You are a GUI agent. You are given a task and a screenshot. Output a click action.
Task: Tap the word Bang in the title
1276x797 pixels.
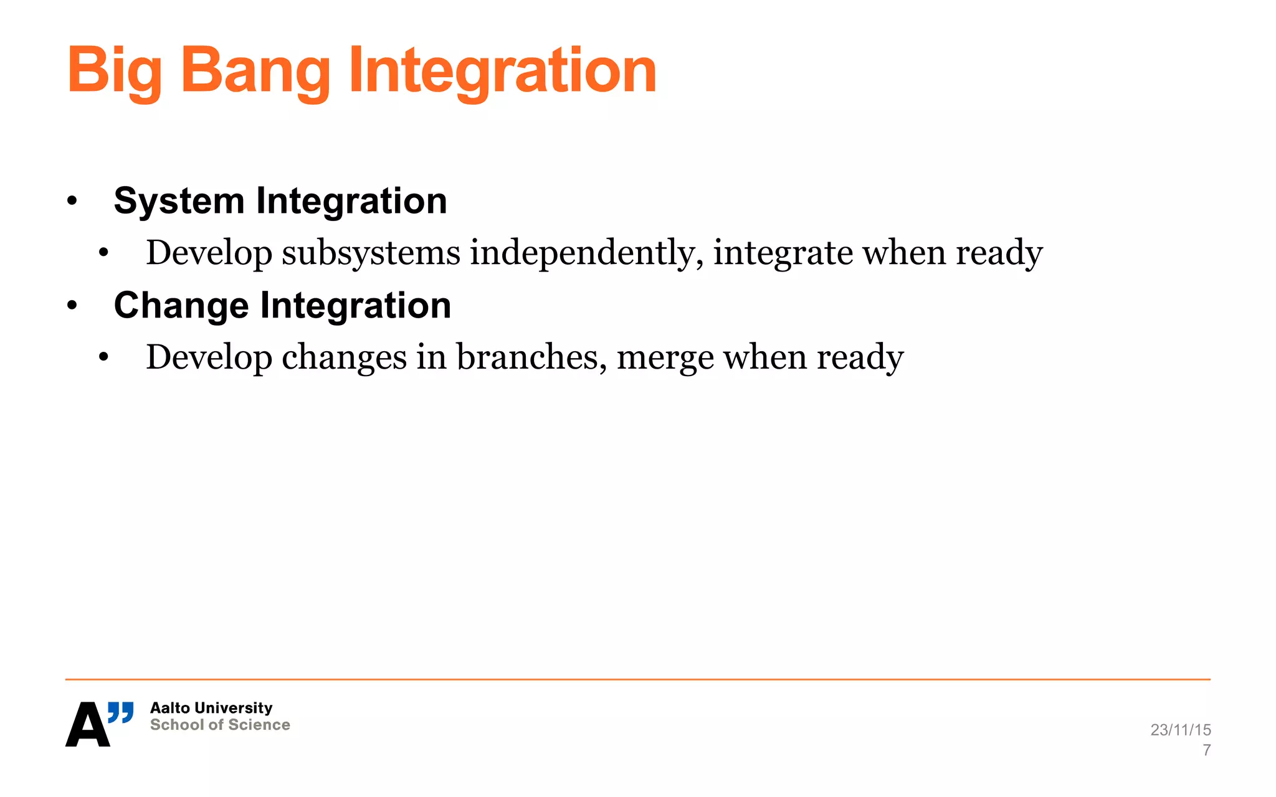(x=255, y=72)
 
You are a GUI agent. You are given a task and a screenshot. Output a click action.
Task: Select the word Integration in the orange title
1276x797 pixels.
(x=502, y=72)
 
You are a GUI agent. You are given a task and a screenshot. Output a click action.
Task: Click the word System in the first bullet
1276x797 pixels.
(x=179, y=201)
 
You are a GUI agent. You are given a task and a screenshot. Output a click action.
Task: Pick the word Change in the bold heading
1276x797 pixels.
(x=181, y=306)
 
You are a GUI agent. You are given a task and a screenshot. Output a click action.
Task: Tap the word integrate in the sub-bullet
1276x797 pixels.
(x=783, y=253)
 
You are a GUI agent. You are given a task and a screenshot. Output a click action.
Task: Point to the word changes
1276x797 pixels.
(x=344, y=357)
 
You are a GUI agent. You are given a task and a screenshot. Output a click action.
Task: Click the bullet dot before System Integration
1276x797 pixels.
(x=72, y=201)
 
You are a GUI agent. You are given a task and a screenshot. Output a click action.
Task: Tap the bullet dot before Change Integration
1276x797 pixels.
(x=72, y=306)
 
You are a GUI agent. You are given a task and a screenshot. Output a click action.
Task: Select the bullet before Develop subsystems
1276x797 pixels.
(x=103, y=253)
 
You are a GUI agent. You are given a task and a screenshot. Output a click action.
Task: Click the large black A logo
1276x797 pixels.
(x=87, y=725)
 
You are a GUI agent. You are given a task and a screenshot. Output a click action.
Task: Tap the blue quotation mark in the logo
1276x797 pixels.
(x=121, y=712)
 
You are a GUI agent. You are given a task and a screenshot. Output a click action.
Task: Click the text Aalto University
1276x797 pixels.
(x=211, y=708)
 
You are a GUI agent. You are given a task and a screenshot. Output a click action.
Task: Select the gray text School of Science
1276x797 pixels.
(x=220, y=725)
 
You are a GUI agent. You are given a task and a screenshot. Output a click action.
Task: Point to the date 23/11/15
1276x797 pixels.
(x=1180, y=730)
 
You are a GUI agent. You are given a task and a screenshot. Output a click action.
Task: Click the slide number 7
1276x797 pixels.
(x=1206, y=750)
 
